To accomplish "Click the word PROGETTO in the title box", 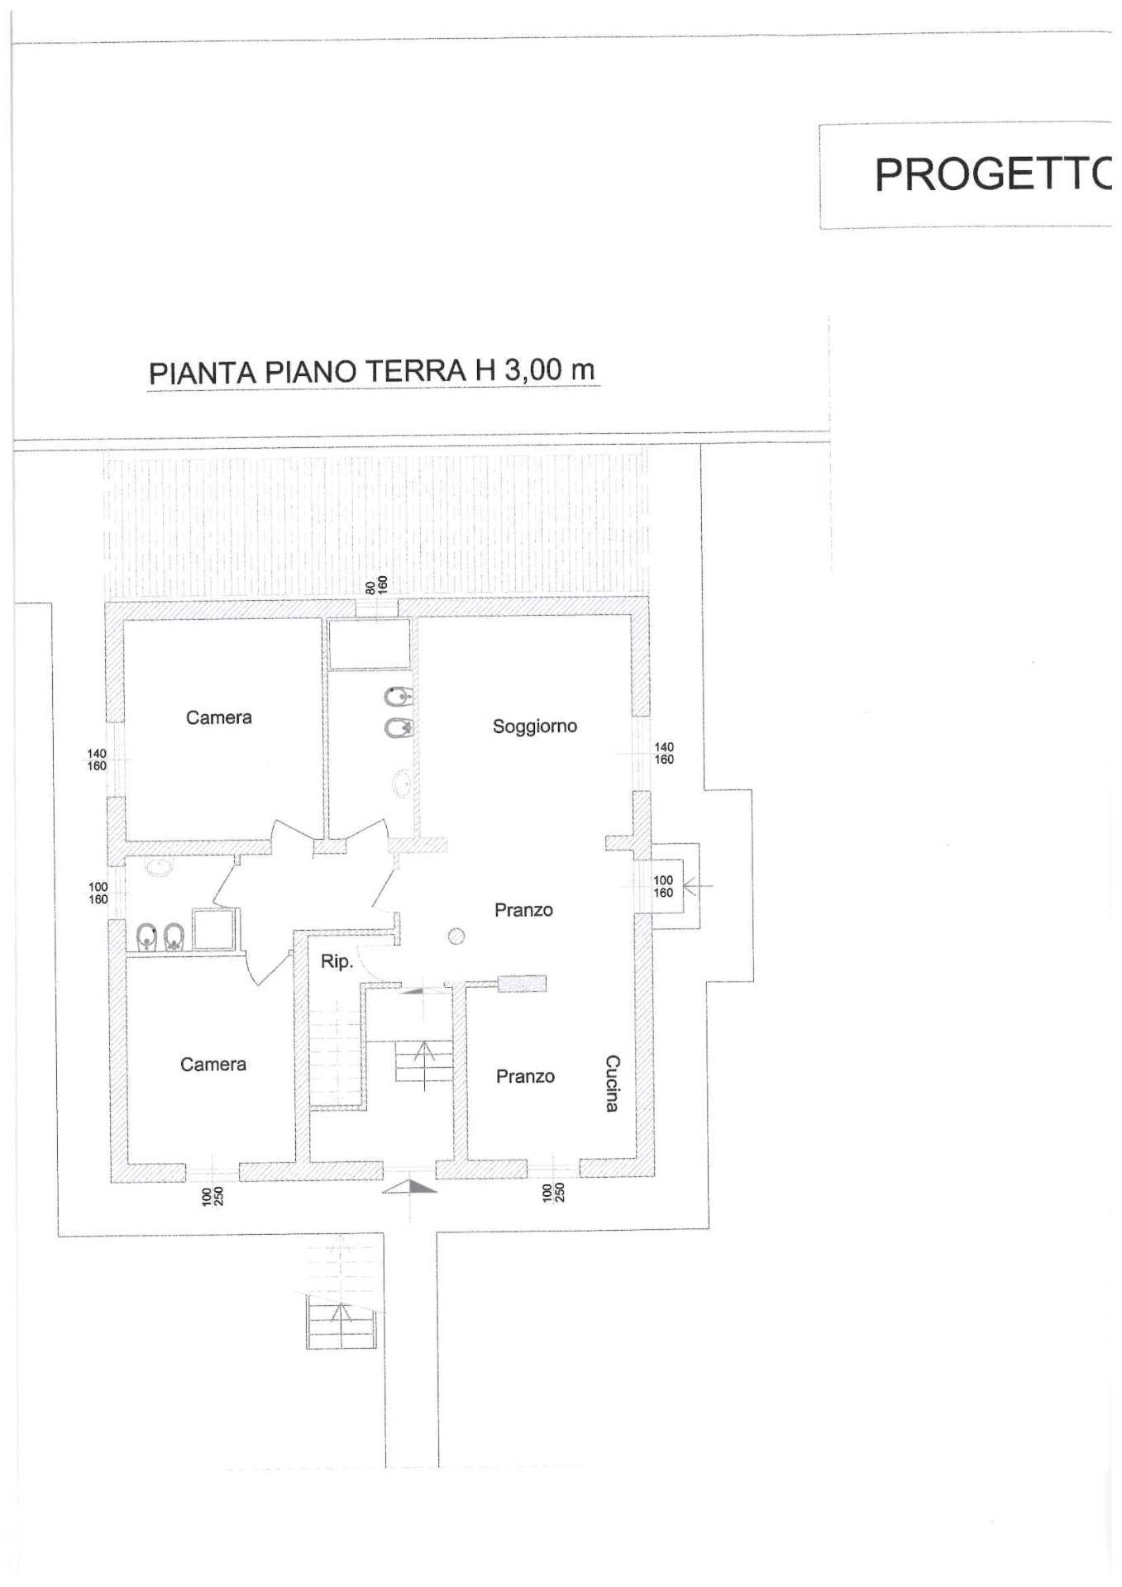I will click(x=992, y=174).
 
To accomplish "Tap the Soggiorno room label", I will click(x=534, y=726).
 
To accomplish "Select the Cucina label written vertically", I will click(x=612, y=1083).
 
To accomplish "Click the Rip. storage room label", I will click(x=337, y=961).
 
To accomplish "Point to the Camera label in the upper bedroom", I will click(x=218, y=717).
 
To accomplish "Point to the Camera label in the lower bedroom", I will click(x=212, y=1064).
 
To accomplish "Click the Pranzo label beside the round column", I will click(x=523, y=910).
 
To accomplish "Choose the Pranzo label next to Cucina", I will click(x=525, y=1076).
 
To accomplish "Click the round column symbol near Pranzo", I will click(x=456, y=936).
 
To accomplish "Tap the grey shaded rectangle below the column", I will click(x=523, y=984).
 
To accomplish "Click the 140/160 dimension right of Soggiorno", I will click(x=664, y=753).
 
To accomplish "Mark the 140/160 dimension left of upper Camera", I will click(x=97, y=760).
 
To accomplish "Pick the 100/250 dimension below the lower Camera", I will click(x=212, y=1196).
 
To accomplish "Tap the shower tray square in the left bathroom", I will click(x=215, y=928).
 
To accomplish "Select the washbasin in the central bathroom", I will click(x=403, y=782).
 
